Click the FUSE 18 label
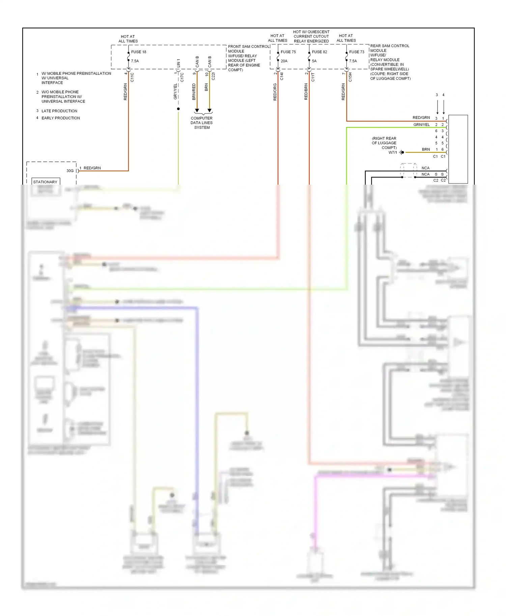click(139, 52)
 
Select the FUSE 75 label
click(288, 52)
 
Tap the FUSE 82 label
click(319, 52)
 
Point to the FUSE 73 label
click(357, 52)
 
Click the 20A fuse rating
click(284, 61)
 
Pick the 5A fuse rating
click(314, 61)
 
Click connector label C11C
click(132, 77)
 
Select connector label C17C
click(182, 77)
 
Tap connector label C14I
click(282, 76)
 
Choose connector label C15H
click(350, 77)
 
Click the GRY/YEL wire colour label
click(175, 91)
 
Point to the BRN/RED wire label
click(194, 92)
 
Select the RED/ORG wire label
click(275, 92)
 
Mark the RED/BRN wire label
click(306, 92)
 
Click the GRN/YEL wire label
click(421, 125)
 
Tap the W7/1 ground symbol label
click(393, 153)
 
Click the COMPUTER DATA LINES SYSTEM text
click(202, 123)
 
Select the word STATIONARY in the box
click(45, 182)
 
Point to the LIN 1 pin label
click(178, 63)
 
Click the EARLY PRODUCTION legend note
click(61, 118)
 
